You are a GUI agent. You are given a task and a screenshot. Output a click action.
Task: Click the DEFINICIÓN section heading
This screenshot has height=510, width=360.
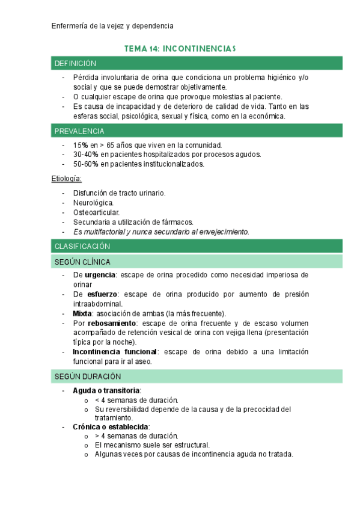[x=75, y=63]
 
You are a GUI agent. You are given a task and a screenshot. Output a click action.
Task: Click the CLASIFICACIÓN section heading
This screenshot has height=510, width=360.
[x=82, y=246]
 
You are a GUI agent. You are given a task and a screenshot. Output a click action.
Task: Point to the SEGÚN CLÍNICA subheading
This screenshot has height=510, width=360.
[x=82, y=262]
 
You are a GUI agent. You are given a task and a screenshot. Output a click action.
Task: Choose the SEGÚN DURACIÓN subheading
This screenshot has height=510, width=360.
[x=87, y=376]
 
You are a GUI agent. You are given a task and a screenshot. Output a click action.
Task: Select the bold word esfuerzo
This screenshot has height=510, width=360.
[x=100, y=294]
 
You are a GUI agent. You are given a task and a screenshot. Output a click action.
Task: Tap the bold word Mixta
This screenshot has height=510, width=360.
[x=82, y=313]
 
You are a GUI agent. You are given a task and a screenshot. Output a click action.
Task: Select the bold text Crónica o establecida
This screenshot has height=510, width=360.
[x=111, y=426]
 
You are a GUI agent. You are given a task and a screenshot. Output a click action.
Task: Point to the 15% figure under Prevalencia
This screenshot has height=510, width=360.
[x=80, y=145]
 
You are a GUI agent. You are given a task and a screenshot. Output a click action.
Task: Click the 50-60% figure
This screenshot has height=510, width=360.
[x=85, y=164]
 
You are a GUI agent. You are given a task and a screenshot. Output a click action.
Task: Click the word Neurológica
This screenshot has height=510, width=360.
[x=93, y=203]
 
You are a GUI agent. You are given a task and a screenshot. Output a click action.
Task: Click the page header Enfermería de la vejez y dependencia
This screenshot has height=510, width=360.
[x=112, y=26]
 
